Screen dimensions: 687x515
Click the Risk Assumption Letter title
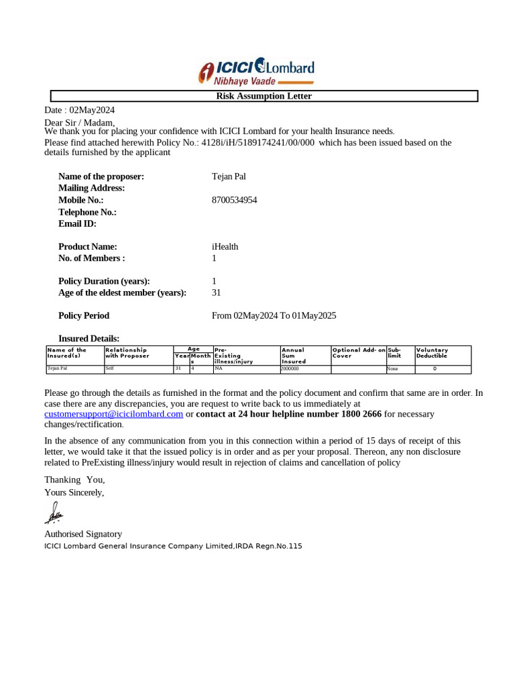264,96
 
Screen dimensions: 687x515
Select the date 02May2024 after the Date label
92,110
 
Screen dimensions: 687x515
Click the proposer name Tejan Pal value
229,176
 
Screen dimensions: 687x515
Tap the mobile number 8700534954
234,200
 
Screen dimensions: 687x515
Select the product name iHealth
225,246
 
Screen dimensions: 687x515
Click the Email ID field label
77,223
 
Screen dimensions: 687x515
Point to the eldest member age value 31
216,293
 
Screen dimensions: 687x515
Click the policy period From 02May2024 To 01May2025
274,315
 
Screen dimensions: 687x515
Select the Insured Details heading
89,338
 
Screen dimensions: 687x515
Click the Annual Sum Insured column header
293,356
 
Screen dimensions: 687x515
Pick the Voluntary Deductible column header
432,353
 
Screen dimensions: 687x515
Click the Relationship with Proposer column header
127,353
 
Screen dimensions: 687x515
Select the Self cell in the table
110,368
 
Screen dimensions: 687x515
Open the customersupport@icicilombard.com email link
113,414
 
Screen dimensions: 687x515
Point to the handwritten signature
54,513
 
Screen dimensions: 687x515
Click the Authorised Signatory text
83,534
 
